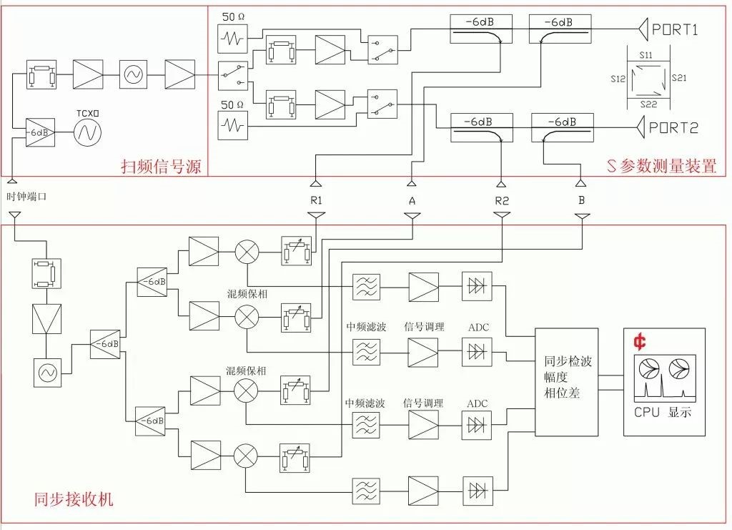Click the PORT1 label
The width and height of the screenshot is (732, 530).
pos(675,29)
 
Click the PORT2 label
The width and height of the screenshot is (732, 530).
pos(673,127)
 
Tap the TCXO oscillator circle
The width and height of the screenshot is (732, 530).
pos(87,132)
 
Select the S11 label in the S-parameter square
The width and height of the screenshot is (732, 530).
pos(646,55)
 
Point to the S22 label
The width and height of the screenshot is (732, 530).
pos(648,104)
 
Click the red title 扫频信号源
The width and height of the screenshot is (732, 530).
pos(161,166)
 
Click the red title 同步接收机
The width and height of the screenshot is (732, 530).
pos(74,499)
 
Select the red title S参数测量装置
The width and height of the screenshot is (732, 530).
pos(661,166)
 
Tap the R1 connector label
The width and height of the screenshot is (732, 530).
pos(317,200)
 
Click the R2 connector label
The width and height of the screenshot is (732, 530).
pos(502,201)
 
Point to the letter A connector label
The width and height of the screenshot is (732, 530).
pos(412,201)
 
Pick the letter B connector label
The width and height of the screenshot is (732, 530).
pos(581,200)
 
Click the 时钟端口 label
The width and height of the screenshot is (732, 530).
pos(26,197)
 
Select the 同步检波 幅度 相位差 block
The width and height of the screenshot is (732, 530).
pos(566,382)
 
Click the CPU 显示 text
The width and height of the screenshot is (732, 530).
pos(663,412)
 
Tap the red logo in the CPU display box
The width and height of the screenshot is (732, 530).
pos(640,342)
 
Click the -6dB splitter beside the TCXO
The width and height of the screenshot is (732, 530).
pos(40,132)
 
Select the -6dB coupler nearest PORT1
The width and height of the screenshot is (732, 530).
pos(560,29)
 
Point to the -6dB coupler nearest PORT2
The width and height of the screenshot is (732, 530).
pos(563,127)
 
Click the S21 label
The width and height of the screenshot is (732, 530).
pos(679,78)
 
